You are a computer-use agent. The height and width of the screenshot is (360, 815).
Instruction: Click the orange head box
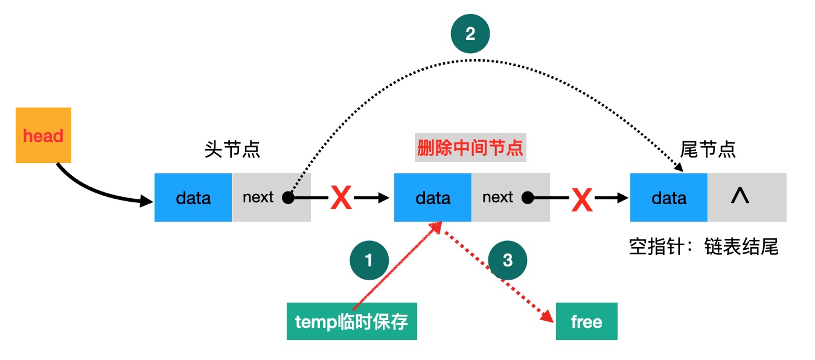[x=43, y=135]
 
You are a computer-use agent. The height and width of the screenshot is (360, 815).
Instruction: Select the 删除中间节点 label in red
[x=470, y=149]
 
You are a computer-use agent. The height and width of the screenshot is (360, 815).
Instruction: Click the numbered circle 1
[x=369, y=260]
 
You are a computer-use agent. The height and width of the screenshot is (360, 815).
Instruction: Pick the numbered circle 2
[x=470, y=34]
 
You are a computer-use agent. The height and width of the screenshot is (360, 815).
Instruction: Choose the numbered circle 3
[x=508, y=260]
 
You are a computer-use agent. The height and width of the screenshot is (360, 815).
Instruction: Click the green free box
[x=586, y=321]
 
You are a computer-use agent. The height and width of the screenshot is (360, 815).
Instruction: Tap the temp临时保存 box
[x=351, y=321]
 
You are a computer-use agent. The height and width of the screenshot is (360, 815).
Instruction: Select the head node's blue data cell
[x=193, y=198]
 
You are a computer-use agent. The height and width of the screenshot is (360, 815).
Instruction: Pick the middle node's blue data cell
[x=433, y=198]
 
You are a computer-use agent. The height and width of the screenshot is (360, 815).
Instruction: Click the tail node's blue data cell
[x=669, y=198]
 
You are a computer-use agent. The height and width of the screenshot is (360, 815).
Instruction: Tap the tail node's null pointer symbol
[x=740, y=196]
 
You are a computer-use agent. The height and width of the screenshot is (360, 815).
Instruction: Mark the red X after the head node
[x=341, y=198]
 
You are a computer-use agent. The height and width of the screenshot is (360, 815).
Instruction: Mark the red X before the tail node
[x=581, y=199]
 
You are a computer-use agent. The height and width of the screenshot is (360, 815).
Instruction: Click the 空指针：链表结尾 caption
[x=703, y=247]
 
